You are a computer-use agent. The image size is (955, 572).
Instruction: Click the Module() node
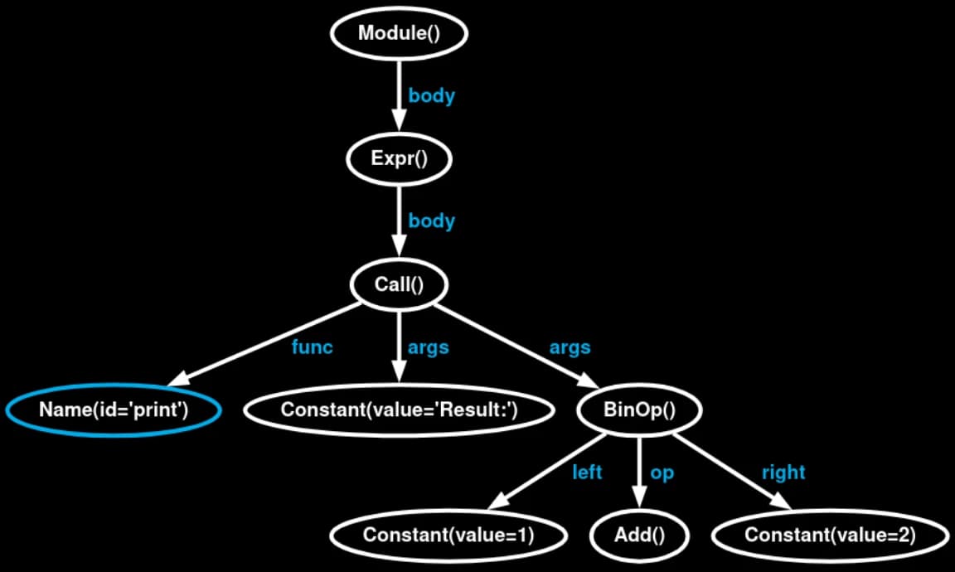coord(399,33)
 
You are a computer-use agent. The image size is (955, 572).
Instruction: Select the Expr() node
coord(399,159)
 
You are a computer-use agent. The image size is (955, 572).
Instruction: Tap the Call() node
coord(399,284)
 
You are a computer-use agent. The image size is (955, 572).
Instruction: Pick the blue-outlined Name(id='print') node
coord(114,410)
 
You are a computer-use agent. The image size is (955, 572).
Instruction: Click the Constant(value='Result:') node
coord(399,410)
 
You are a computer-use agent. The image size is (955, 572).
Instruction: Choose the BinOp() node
coord(639,410)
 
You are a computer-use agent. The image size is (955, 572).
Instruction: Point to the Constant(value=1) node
coord(448,536)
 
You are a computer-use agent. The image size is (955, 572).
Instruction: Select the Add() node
coord(639,536)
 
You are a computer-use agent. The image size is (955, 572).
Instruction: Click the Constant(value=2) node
coord(830,536)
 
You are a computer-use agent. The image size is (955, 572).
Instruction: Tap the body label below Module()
coord(431,95)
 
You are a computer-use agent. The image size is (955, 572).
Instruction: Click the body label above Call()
coord(431,221)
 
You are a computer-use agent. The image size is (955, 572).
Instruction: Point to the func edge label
coord(312,347)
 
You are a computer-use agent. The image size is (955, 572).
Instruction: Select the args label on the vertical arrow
coord(428,348)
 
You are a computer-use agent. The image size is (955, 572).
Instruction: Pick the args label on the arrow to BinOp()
coord(570,348)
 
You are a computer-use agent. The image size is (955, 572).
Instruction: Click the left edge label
coord(587,472)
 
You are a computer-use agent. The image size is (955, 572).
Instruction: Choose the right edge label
coord(783,472)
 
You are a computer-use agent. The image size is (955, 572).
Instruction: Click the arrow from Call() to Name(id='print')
coord(265,344)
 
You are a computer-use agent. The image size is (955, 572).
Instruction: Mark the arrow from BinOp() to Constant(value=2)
coord(732,471)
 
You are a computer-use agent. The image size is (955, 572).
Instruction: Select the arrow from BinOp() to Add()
coord(639,472)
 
